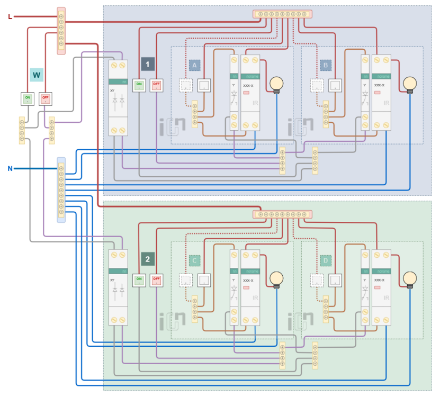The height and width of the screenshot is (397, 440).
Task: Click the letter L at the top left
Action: coord(10,17)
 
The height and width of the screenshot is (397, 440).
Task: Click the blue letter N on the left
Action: coord(10,169)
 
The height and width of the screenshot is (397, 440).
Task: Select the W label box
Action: coord(36,75)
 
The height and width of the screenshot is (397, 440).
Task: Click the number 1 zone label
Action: coord(148,65)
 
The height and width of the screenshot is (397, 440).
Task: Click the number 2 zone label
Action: coord(148,259)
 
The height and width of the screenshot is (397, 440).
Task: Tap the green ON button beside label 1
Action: coord(139,85)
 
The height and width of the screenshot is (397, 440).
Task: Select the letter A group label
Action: coord(194,65)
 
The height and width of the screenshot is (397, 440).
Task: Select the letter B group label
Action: coord(325,65)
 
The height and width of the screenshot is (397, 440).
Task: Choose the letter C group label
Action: coord(194,260)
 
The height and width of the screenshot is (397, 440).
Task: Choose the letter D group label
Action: coord(325,260)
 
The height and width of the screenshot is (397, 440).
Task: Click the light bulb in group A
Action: coord(276,84)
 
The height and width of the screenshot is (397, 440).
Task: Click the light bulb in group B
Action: coord(409,84)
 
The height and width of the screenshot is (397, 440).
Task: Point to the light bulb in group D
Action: coord(409,279)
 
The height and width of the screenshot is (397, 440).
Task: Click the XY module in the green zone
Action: coord(119,286)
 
